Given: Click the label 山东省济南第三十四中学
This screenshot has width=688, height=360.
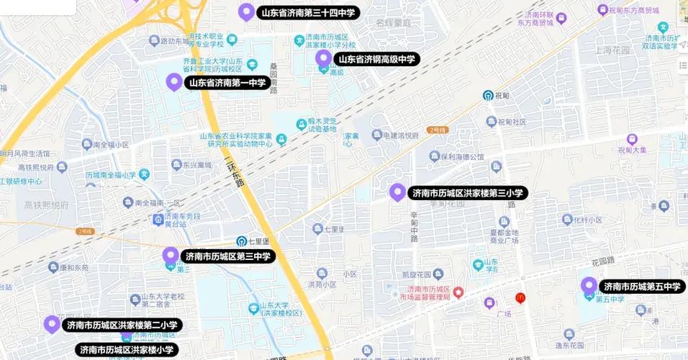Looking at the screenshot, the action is pyautogui.click(x=307, y=12).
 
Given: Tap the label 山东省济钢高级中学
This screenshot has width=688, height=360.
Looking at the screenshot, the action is pyautogui.click(x=376, y=59).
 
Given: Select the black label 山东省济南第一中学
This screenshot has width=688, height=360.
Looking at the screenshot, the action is pyautogui.click(x=227, y=83).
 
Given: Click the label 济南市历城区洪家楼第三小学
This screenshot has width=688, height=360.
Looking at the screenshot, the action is pyautogui.click(x=469, y=193).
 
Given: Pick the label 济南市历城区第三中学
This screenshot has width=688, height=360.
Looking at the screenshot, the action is pyautogui.click(x=227, y=256).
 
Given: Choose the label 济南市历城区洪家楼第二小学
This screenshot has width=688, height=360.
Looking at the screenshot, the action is pyautogui.click(x=122, y=325).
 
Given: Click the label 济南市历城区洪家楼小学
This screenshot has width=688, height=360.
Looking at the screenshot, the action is pyautogui.click(x=126, y=350).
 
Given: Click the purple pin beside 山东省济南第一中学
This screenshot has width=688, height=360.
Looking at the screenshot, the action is pyautogui.click(x=173, y=81).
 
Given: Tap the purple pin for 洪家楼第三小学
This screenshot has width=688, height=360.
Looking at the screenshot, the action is pyautogui.click(x=397, y=192).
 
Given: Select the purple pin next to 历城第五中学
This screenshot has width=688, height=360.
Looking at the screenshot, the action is pyautogui.click(x=589, y=285).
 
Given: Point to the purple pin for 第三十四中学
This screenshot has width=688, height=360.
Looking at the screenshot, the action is pyautogui.click(x=247, y=11).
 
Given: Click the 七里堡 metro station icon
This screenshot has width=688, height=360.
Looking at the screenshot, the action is pyautogui.click(x=243, y=240).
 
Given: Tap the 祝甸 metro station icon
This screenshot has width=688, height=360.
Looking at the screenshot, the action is pyautogui.click(x=488, y=95).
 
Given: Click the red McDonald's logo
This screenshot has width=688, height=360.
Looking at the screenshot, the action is pyautogui.click(x=520, y=298).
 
